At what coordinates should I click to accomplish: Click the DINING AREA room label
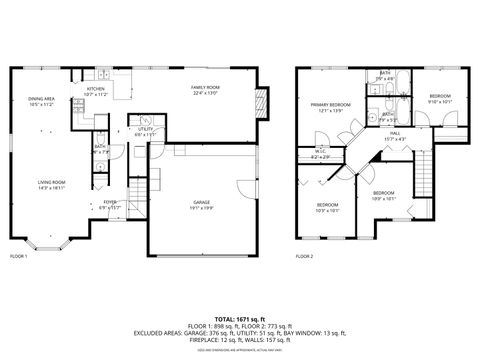click(40, 98)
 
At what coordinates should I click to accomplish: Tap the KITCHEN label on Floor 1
click(96, 89)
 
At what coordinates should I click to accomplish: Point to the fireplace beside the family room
click(263, 103)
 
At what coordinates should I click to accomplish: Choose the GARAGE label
click(202, 202)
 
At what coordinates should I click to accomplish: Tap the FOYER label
click(109, 202)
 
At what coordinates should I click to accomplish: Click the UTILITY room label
click(145, 129)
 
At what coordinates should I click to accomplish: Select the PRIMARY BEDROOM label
click(329, 105)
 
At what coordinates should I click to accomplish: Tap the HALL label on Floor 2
click(395, 133)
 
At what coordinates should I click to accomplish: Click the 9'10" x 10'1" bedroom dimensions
click(440, 101)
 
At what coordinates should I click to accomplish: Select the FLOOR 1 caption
click(19, 257)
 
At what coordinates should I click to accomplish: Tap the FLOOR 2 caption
click(304, 257)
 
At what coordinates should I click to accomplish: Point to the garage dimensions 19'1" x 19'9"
click(202, 207)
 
